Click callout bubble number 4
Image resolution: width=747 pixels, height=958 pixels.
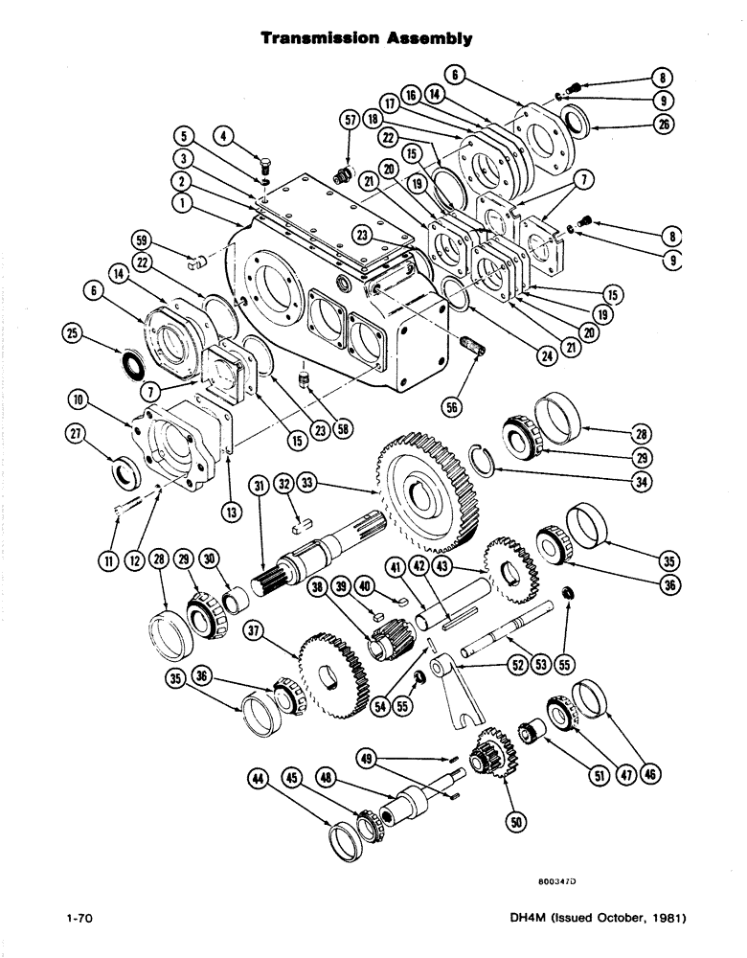pyautogui.click(x=227, y=136)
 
